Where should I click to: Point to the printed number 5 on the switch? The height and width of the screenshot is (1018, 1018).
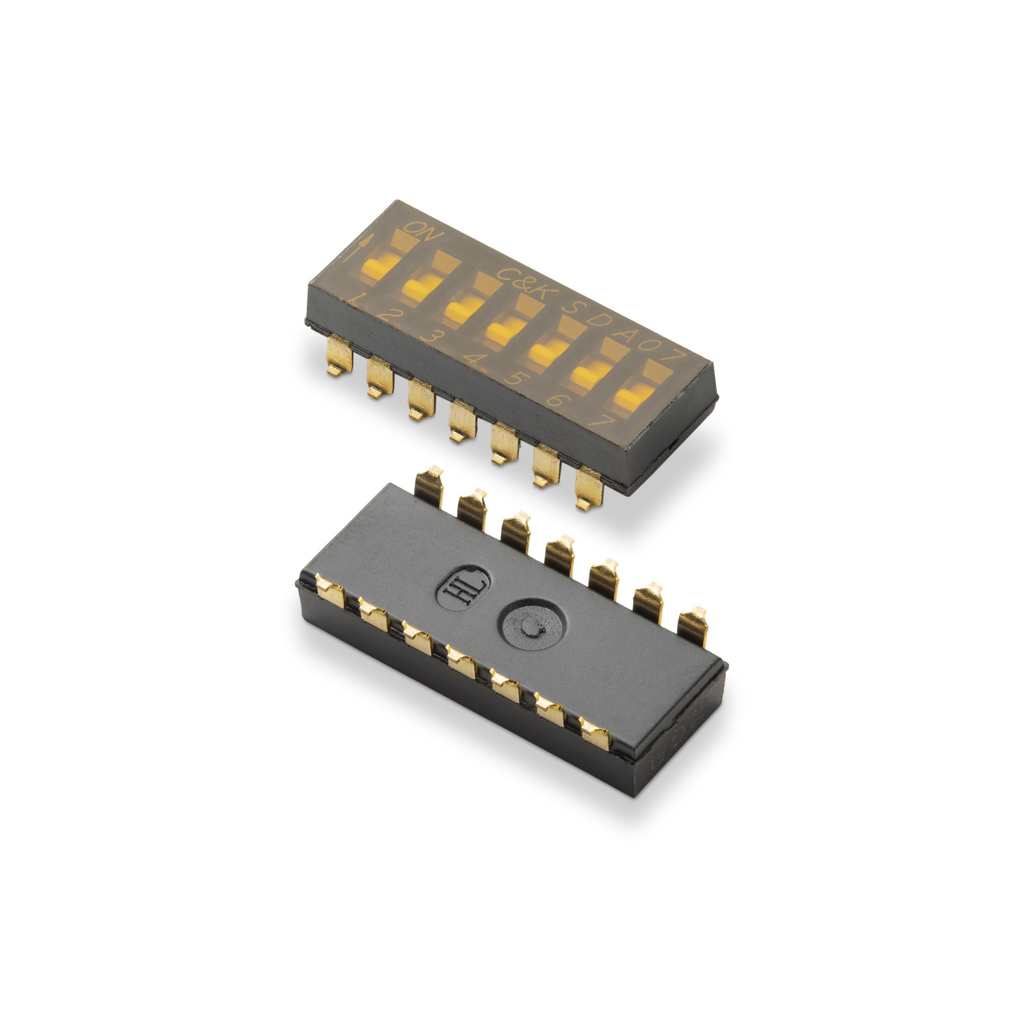tap(513, 379)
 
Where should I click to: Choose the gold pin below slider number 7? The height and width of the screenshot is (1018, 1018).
tap(589, 488)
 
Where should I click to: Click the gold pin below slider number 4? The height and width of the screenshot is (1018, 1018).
tap(460, 422)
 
